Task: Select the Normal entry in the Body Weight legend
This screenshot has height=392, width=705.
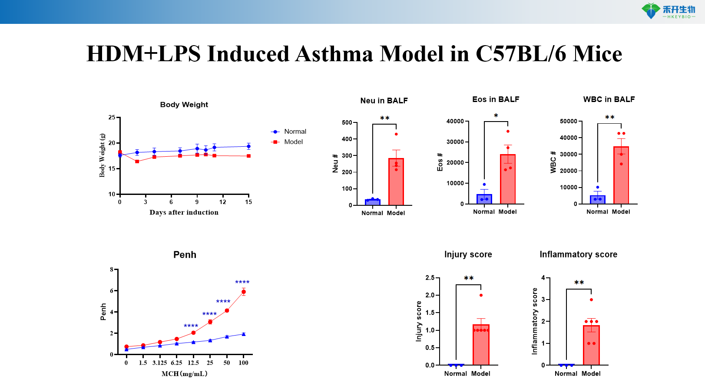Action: (295, 132)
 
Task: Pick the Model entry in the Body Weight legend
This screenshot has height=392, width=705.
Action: (293, 142)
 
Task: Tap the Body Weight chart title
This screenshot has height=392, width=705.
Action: (184, 105)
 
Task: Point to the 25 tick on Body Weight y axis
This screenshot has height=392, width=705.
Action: (112, 118)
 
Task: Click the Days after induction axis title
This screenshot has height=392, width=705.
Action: (184, 212)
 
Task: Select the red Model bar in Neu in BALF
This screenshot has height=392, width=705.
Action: (396, 182)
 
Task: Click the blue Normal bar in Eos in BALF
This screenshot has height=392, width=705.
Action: (484, 199)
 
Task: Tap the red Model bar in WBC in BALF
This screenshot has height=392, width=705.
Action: (621, 176)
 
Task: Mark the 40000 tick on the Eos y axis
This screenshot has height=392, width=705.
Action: (455, 122)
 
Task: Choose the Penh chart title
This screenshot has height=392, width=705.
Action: (185, 255)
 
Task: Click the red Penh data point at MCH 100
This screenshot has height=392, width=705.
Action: (244, 292)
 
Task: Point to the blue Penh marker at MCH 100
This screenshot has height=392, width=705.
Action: (244, 334)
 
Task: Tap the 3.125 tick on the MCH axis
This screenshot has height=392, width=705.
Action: (159, 363)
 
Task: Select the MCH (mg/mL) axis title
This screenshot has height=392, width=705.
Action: (184, 374)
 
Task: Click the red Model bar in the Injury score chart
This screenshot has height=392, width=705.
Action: (481, 345)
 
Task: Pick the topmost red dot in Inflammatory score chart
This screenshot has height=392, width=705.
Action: (591, 300)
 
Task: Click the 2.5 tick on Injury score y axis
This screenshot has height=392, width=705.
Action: (430, 278)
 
